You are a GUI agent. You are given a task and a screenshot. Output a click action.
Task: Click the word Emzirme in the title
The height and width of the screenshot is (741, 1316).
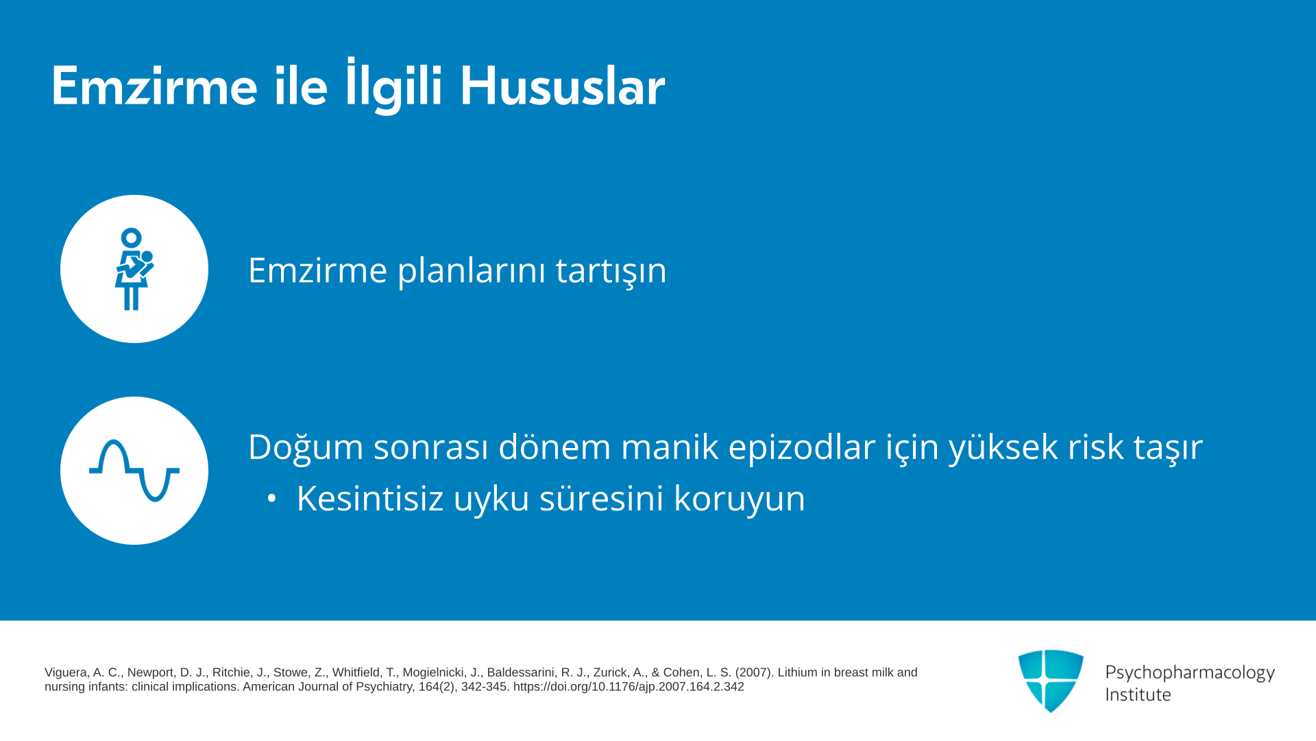click(x=154, y=86)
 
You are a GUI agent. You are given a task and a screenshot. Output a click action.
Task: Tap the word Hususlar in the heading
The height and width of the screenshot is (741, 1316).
click(x=562, y=86)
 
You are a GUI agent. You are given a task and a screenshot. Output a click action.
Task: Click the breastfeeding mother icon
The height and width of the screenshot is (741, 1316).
click(x=134, y=269)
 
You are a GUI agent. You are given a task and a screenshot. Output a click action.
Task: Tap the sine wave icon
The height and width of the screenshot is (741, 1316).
click(x=134, y=471)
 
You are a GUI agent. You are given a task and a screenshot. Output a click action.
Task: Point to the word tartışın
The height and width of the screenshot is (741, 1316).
click(x=611, y=270)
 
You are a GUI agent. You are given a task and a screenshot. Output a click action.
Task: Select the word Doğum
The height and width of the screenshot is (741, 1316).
click(x=306, y=446)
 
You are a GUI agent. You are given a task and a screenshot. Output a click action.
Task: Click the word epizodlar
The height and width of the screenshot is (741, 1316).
click(x=802, y=447)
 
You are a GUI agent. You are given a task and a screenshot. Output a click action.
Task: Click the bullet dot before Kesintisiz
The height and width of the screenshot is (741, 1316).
click(x=272, y=499)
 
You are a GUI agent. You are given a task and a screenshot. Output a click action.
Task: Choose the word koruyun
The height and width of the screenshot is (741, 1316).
click(x=740, y=498)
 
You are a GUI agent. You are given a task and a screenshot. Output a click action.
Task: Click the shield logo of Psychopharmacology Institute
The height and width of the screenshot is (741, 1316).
click(x=1051, y=681)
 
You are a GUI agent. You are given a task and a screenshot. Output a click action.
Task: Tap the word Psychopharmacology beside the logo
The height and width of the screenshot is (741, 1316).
click(x=1190, y=672)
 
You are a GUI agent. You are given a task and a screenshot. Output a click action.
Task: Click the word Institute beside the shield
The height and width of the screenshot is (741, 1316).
click(x=1138, y=694)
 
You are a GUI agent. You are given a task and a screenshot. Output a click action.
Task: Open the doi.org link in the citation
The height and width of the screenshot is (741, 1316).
click(x=629, y=687)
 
